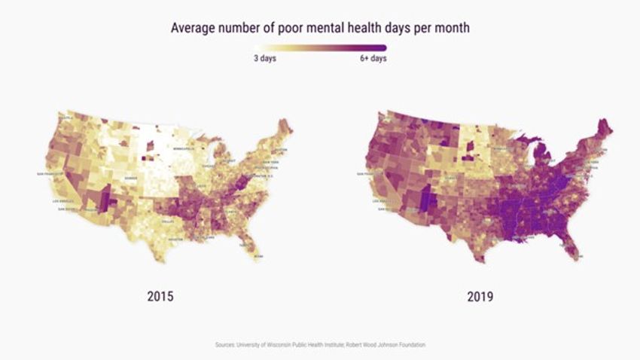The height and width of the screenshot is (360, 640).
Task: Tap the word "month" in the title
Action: (450, 28)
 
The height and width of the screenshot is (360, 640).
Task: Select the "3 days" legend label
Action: (265, 59)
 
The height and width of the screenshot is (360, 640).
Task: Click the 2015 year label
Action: (160, 296)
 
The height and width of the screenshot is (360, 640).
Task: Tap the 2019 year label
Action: (479, 296)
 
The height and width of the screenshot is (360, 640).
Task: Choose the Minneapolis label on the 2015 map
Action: (184, 149)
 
